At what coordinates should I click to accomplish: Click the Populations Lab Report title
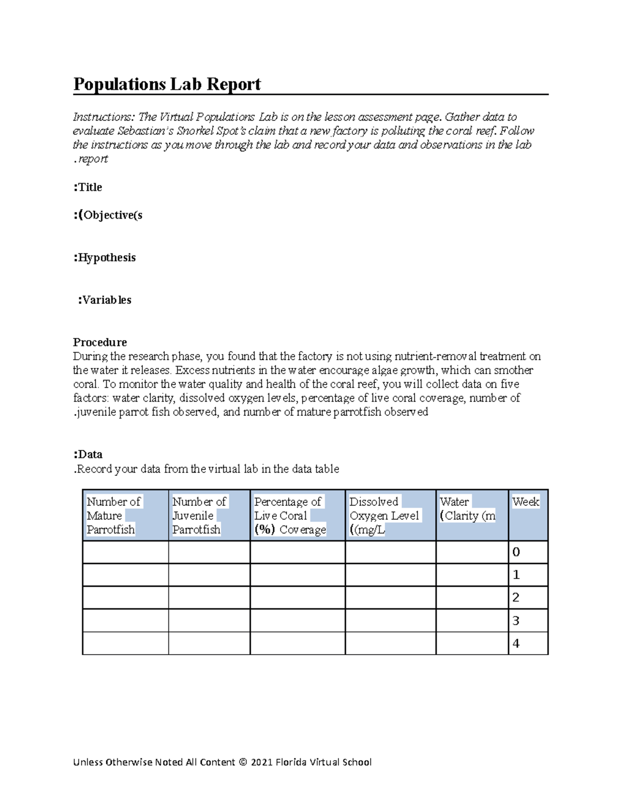166,84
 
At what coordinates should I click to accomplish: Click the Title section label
88,187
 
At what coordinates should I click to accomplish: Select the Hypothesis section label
104,258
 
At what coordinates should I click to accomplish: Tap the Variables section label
104,300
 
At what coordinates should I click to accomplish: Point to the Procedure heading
100,342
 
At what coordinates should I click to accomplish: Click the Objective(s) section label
108,215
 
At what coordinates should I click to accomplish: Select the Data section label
88,455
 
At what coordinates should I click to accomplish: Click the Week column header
526,502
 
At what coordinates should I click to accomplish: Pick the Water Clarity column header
467,509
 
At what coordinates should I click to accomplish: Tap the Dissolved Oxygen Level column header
384,516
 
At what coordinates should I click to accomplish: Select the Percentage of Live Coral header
290,516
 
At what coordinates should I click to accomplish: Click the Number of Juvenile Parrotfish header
199,516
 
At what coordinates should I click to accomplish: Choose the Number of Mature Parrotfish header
114,516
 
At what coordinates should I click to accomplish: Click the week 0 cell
528,552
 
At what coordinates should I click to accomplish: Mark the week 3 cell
528,620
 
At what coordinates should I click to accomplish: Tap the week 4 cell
528,643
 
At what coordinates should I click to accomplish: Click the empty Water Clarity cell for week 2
472,598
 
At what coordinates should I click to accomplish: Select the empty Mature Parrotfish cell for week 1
125,575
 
